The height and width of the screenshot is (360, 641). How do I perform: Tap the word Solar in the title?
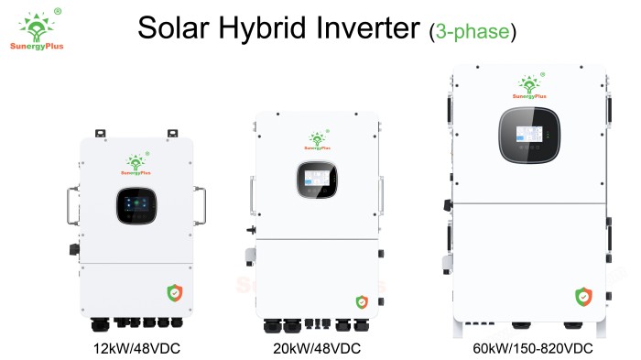(x=173, y=27)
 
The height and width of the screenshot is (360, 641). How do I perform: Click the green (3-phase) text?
(x=473, y=31)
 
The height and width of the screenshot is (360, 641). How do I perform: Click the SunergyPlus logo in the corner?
(x=37, y=29)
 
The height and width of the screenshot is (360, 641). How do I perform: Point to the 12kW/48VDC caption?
(x=136, y=348)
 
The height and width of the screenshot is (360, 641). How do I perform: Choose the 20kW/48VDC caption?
(x=317, y=348)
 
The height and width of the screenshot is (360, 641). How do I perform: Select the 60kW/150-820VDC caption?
(x=533, y=348)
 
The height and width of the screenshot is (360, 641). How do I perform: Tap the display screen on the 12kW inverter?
(x=136, y=206)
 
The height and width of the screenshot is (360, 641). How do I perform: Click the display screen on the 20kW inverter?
(x=317, y=180)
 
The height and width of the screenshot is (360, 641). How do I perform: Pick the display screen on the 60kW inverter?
(x=529, y=135)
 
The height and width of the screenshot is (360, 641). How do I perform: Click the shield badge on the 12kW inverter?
(x=175, y=293)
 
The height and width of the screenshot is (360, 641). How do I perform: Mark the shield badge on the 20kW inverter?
(x=362, y=302)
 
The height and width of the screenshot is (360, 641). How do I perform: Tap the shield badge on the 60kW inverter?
(x=583, y=297)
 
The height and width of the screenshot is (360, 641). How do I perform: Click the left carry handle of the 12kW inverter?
(x=72, y=206)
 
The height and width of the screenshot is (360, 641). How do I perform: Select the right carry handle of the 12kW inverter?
(x=200, y=206)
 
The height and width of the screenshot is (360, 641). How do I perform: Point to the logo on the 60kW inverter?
(x=530, y=86)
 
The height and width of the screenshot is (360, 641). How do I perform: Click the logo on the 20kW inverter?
(x=317, y=140)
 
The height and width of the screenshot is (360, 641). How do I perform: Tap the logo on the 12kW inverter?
(x=136, y=164)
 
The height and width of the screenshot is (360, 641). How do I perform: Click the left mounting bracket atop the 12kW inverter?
(x=100, y=134)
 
